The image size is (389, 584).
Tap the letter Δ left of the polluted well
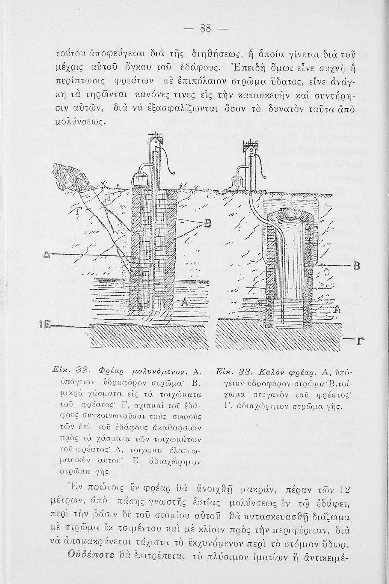47,254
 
